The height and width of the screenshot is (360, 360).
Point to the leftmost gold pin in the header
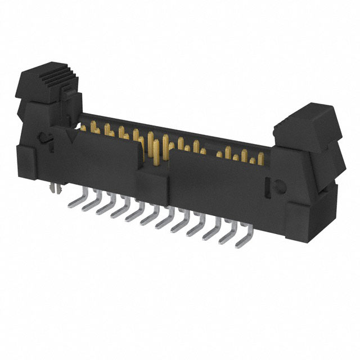84,128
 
